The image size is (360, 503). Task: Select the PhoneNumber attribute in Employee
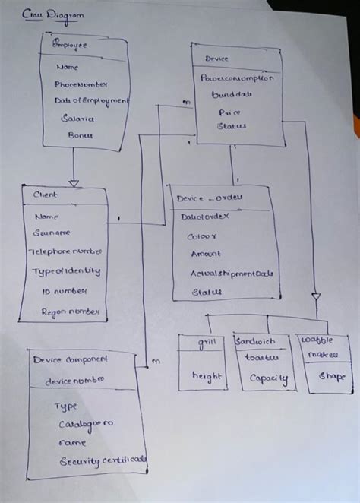[81, 84]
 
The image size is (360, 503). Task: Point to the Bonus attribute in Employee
[81, 134]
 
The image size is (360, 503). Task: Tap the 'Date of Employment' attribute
[91, 101]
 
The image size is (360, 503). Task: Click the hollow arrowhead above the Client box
[74, 182]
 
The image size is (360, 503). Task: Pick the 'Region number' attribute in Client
[69, 312]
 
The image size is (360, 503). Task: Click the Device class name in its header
[216, 59]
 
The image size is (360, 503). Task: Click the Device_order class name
[209, 198]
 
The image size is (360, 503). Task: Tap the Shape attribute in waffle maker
[331, 376]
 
